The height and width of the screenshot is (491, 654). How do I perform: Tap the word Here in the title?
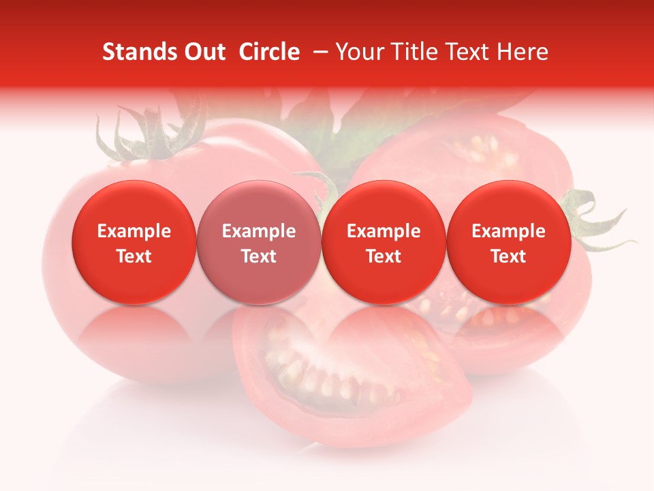[523, 52]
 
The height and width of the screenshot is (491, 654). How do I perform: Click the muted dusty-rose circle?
[259, 243]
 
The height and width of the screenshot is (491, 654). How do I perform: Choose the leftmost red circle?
[134, 243]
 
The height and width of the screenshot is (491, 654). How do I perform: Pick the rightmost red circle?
[508, 243]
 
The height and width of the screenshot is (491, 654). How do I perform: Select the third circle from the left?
[384, 243]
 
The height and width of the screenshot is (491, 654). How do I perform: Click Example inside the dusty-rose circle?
[259, 231]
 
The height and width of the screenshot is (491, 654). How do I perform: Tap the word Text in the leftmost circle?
[134, 256]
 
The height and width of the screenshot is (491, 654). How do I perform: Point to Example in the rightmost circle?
[508, 231]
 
